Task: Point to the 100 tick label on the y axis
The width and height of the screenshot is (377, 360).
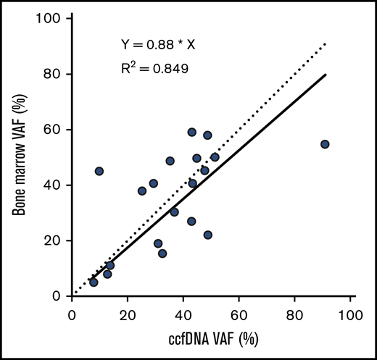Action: tap(51, 18)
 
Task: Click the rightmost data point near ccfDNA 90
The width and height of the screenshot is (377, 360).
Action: tap(325, 144)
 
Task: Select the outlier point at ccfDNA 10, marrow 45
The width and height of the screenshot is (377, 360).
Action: tap(99, 171)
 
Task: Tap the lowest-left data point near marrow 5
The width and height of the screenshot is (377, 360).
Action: tap(94, 282)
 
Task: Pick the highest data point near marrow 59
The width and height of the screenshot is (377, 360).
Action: tap(192, 133)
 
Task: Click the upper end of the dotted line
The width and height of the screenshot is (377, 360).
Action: tap(326, 43)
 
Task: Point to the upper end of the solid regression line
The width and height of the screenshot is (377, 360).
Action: tap(326, 74)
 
